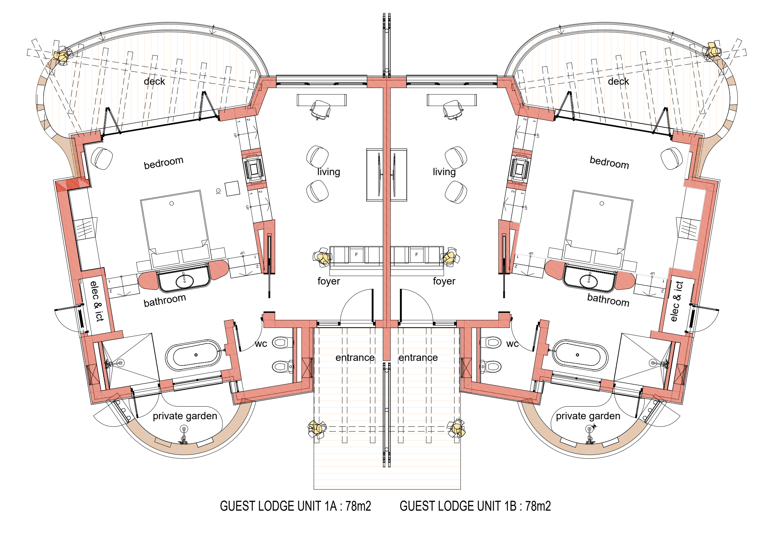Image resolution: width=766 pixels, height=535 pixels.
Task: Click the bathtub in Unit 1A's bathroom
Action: tap(194, 355)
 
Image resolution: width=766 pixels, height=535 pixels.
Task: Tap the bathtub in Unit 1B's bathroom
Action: tap(580, 355)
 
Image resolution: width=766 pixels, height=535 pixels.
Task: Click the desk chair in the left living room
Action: tap(320, 109)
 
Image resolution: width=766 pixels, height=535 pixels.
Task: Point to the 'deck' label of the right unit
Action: tap(618, 81)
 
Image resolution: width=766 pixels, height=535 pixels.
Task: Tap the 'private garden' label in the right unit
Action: tap(588, 416)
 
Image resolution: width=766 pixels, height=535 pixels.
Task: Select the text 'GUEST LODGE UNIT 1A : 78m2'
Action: tap(295, 506)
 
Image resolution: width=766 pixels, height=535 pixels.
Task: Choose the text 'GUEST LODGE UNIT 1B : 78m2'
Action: tap(475, 506)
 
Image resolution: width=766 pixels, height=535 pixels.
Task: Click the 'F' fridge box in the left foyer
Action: tap(356, 254)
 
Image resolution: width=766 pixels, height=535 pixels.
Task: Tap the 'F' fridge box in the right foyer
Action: tap(416, 254)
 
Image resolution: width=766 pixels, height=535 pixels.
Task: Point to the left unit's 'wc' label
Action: tap(261, 344)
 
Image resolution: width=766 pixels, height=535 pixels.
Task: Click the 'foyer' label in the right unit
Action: tap(444, 281)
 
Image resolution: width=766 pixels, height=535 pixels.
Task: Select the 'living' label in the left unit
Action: tap(329, 172)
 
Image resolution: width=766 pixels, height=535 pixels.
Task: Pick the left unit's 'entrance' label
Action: tap(355, 358)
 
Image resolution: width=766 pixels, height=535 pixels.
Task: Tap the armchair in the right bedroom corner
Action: tap(671, 159)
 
